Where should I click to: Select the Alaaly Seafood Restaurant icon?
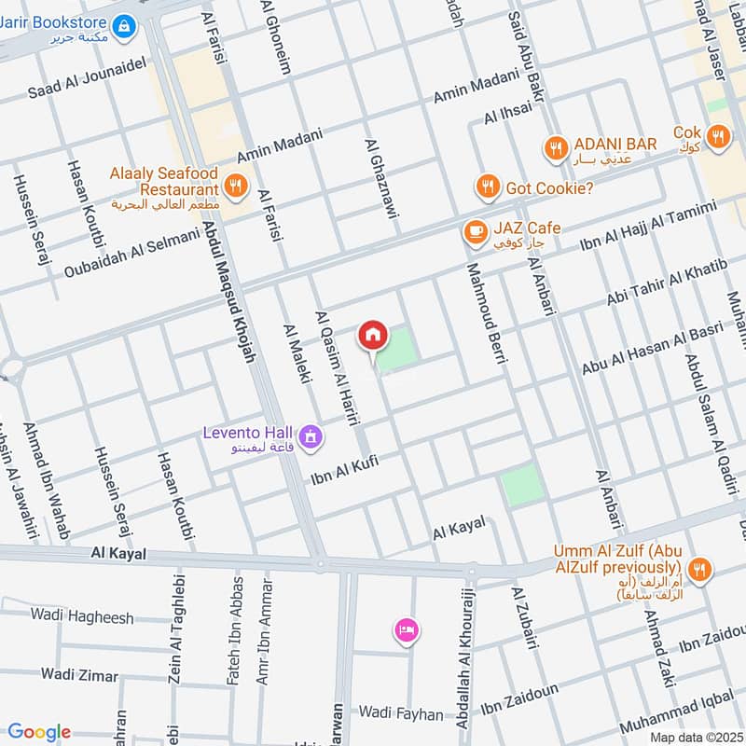pyautogui.click(x=237, y=185)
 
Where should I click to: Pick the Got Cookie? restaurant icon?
pyautogui.click(x=486, y=187)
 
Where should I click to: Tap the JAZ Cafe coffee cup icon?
pyautogui.click(x=475, y=231)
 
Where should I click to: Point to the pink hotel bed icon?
pyautogui.click(x=406, y=631)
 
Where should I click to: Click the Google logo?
pyautogui.click(x=39, y=732)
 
